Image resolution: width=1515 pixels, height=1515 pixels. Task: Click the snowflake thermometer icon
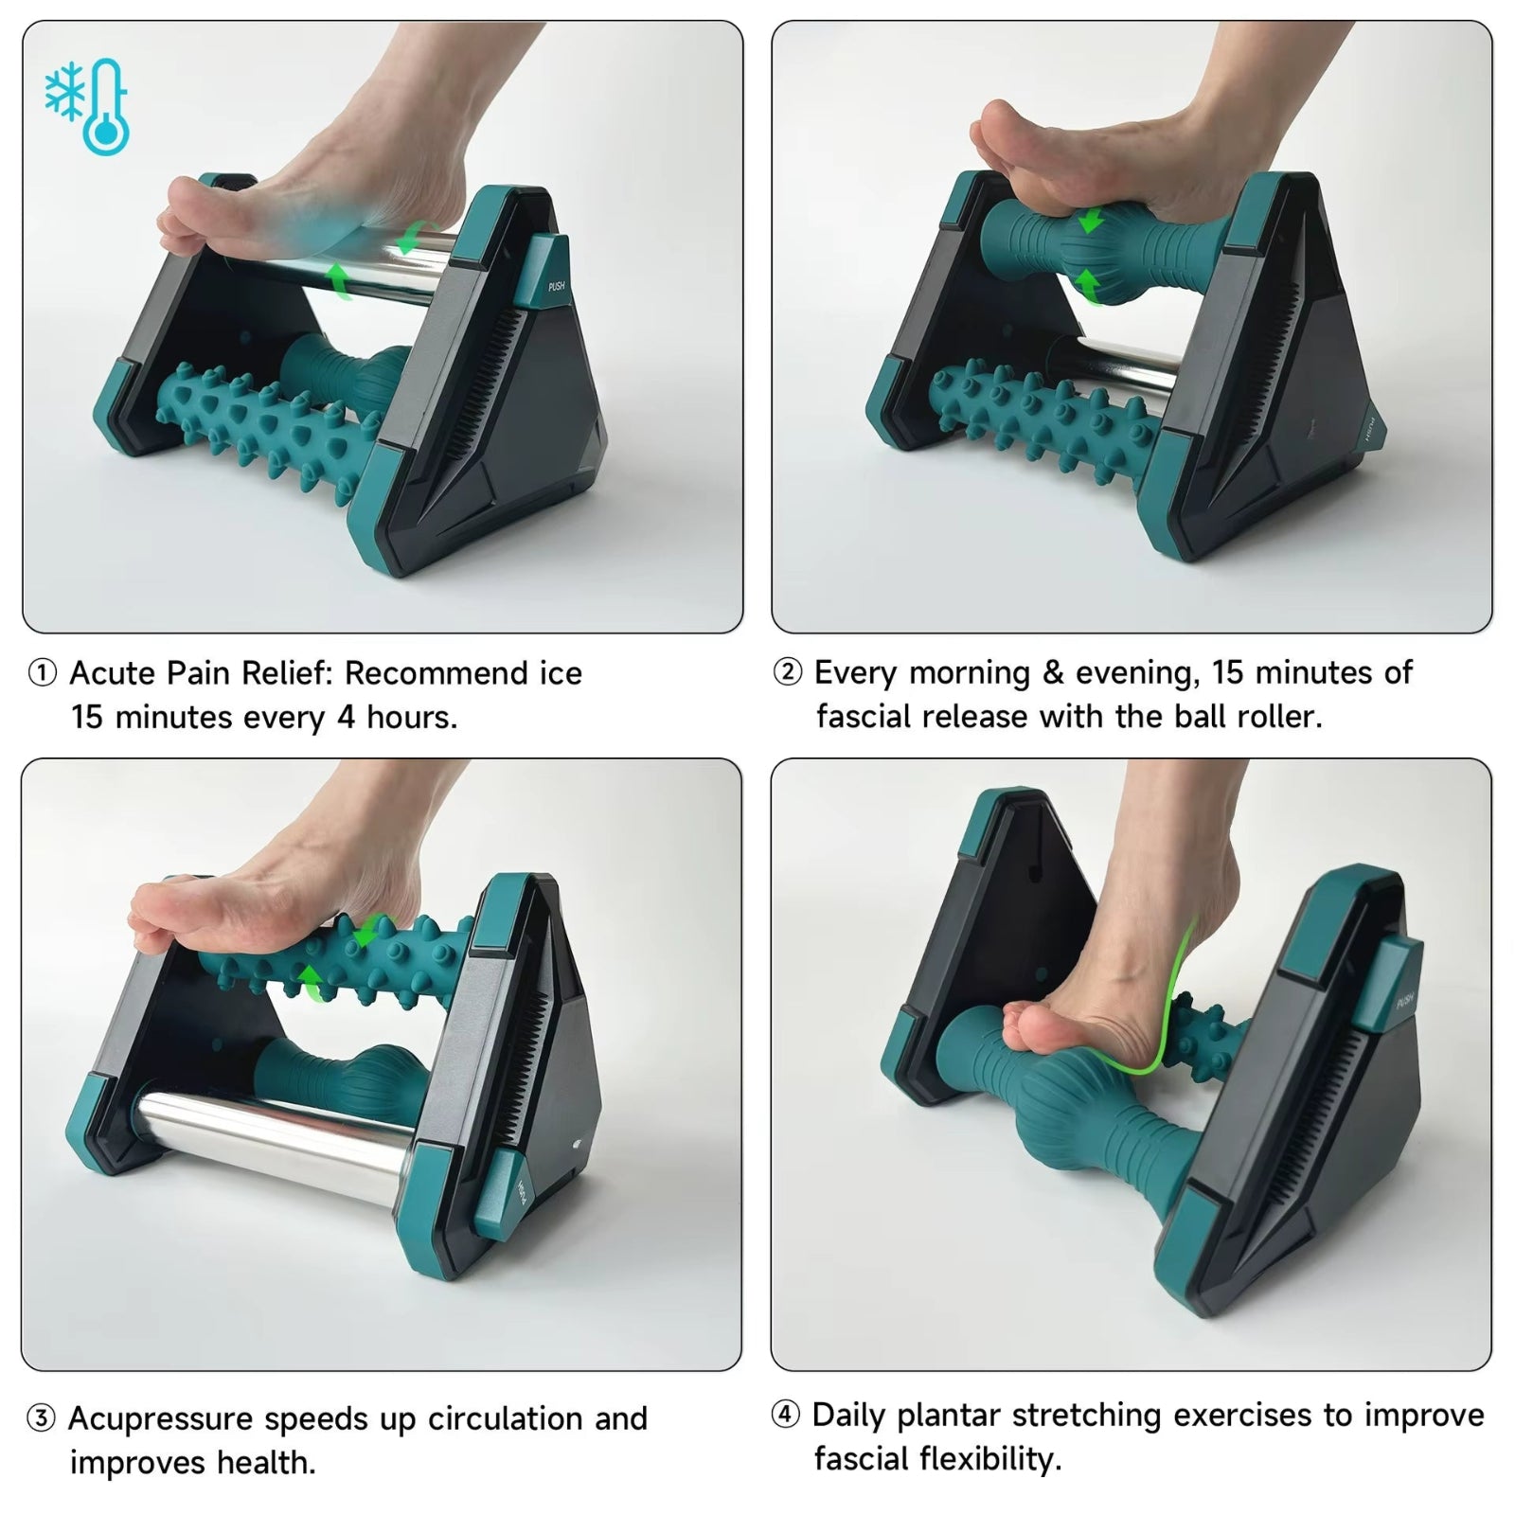[87, 106]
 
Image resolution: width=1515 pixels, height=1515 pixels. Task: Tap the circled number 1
[42, 673]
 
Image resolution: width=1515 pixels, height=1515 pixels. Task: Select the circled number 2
[787, 672]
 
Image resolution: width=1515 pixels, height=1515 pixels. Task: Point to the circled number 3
[41, 1419]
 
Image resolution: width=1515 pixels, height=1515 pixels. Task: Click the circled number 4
[785, 1416]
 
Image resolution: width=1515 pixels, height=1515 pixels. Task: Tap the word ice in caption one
[561, 673]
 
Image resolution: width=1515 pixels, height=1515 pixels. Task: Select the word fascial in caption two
[863, 717]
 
